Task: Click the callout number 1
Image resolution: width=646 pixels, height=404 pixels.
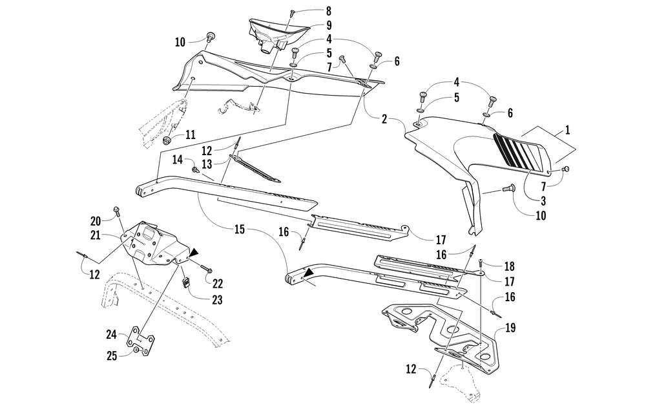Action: tap(567, 130)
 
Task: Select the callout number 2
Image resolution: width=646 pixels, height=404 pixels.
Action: tap(384, 119)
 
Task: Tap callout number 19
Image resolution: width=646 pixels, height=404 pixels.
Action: tap(510, 328)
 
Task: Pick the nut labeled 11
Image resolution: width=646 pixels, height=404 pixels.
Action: tap(166, 140)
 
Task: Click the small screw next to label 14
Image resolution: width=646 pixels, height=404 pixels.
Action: tap(194, 169)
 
